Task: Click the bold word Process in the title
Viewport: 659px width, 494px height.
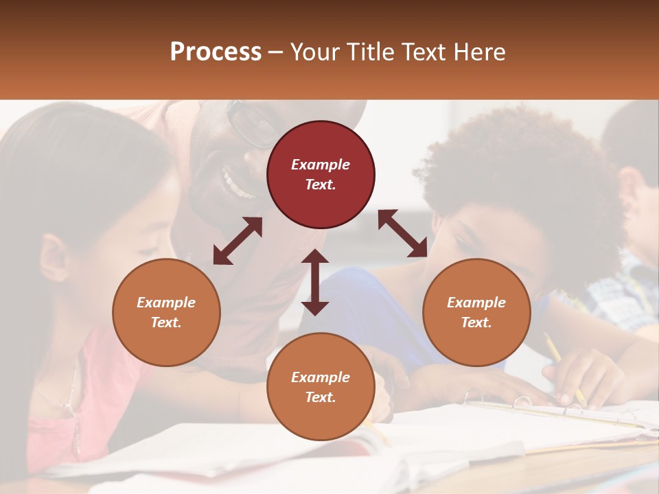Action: click(216, 52)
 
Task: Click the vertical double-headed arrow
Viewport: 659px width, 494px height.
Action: click(315, 282)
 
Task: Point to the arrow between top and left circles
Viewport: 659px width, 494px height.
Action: click(238, 241)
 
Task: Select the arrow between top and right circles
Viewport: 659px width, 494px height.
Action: click(402, 233)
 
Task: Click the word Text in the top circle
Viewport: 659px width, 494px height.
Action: click(321, 185)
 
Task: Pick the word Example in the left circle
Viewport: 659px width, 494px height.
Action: click(166, 303)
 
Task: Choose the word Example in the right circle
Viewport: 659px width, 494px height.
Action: click(476, 303)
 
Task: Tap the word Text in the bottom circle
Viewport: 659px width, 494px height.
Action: click(321, 397)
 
